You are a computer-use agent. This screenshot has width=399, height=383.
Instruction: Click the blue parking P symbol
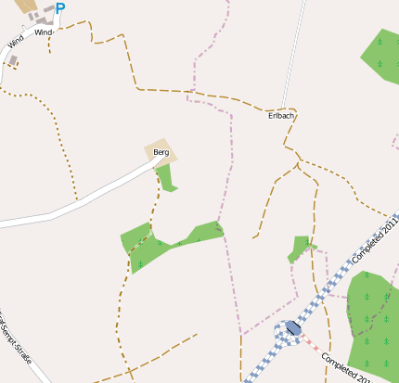pos(60,9)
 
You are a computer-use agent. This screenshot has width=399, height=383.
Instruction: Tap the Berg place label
pos(161,152)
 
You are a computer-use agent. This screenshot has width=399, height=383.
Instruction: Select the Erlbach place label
pos(280,115)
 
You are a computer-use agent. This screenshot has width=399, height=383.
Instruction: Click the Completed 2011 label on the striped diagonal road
pos(376,238)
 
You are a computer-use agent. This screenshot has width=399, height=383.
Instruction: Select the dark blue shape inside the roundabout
pos(292,327)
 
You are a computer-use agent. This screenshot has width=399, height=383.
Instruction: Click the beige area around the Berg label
pos(170,158)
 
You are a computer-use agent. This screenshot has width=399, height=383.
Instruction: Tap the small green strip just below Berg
pos(166,177)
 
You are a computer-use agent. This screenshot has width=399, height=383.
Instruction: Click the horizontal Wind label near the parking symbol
pos(44,32)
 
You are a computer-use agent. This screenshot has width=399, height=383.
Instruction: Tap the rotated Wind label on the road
pos(14,42)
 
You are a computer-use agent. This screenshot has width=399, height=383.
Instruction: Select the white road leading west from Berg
pos(74,203)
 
